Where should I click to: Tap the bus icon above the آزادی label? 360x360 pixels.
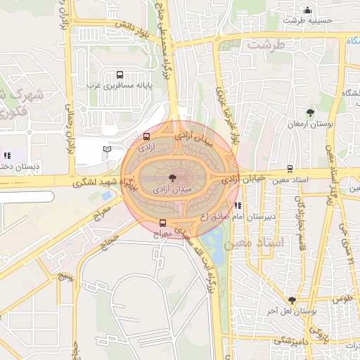(x=146, y=137)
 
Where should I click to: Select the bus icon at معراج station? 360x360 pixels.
(x=163, y=223)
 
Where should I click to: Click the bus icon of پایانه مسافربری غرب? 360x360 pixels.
(x=119, y=74)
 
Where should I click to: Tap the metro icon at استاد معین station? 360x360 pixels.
(x=290, y=169)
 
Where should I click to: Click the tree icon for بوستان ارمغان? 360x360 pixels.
(x=310, y=112)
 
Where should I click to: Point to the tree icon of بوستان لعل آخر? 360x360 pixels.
(x=292, y=300)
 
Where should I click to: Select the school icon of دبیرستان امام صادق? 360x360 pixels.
(x=238, y=206)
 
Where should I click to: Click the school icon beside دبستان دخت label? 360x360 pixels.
(x=7, y=155)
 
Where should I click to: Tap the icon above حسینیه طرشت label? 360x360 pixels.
(x=307, y=10)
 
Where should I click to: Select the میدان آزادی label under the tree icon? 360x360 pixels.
(x=171, y=190)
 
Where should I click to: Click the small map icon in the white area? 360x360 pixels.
(x=107, y=149)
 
